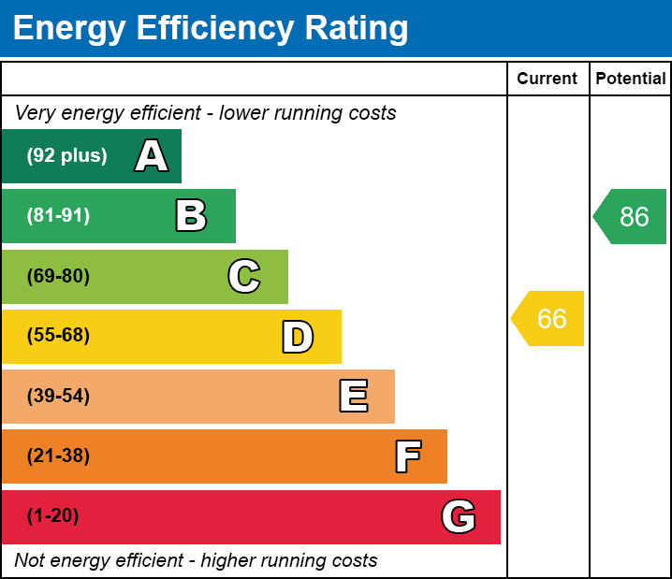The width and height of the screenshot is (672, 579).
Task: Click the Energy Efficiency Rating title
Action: point(211,29)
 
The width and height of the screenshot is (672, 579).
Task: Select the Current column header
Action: point(548,80)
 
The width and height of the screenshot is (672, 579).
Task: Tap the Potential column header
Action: point(631,80)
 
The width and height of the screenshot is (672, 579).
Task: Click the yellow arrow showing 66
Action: point(549,319)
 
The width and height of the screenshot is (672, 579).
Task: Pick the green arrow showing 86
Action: point(631,217)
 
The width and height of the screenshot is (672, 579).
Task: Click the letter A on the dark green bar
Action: point(151,156)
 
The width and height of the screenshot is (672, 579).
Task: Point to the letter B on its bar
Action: point(191,216)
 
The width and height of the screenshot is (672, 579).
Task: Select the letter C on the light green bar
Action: point(244,276)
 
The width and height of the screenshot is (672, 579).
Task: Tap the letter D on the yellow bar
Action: point(298,337)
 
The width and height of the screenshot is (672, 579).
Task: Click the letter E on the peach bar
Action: point(353,397)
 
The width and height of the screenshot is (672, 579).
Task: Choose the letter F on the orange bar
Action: point(407,456)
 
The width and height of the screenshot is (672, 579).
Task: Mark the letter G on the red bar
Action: point(459,516)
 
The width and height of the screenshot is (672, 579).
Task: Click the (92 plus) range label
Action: point(66,156)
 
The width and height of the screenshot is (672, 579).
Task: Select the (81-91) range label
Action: point(58,216)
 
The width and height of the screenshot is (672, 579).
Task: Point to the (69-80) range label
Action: point(58,276)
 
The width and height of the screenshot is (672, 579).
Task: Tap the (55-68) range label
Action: point(58,336)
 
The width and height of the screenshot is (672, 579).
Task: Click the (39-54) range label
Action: point(58,396)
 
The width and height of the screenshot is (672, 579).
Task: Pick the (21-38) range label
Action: point(58,456)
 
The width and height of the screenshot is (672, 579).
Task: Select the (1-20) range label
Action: point(52,516)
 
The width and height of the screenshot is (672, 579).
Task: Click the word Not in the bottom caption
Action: point(31,561)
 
